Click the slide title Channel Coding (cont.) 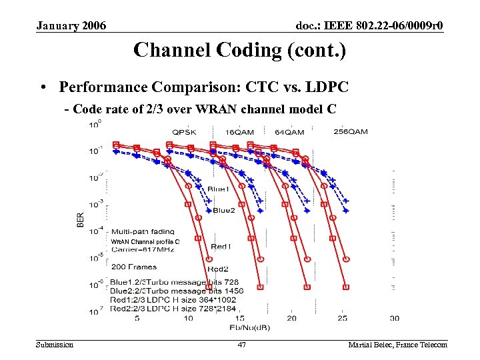point(239,50)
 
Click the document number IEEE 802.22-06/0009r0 point(369,25)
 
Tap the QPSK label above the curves point(184,132)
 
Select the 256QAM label point(350,131)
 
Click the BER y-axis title point(81,219)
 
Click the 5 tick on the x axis point(137,319)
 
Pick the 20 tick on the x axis point(291,319)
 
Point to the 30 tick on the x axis point(394,319)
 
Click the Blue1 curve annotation point(218,190)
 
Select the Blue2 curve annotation point(223,211)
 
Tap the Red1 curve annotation point(221,247)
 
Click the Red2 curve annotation point(218,269)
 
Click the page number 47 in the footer point(242,345)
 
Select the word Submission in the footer point(55,345)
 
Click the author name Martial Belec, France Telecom point(397,345)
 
